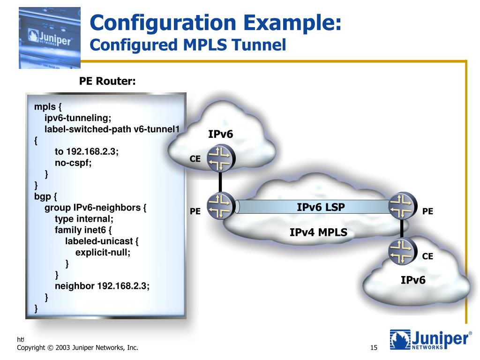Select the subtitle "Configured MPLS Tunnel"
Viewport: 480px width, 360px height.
point(187,45)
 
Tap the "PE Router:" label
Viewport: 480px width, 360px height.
point(107,82)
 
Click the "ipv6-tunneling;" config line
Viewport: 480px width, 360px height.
point(78,117)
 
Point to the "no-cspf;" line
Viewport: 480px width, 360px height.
point(73,163)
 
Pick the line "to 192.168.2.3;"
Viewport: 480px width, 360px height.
point(87,152)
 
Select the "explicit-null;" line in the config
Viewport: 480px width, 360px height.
point(103,252)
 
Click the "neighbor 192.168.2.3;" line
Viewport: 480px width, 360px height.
point(102,286)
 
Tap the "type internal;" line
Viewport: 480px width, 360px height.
point(84,218)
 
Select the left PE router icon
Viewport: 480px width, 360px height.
point(220,207)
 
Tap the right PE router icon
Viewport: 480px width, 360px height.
point(402,207)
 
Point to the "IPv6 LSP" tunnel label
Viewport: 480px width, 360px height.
point(321,207)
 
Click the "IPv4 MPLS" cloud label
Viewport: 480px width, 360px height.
point(318,232)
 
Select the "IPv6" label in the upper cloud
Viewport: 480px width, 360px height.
point(220,135)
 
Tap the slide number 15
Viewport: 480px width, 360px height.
point(374,348)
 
